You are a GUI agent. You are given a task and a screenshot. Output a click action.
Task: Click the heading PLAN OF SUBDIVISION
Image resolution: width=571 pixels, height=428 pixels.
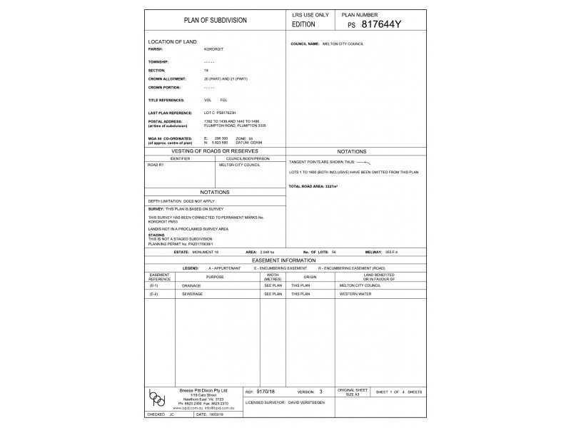coord(216,20)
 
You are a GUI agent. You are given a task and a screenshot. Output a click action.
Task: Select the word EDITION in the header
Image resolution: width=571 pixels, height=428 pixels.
coord(303,24)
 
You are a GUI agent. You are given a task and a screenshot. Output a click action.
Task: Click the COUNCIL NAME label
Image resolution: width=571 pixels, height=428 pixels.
coord(305,44)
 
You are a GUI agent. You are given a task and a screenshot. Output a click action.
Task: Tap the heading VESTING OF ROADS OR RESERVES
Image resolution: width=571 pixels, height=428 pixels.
coord(215,152)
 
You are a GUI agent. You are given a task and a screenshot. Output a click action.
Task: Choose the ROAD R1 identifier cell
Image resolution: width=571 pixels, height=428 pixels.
coord(156,165)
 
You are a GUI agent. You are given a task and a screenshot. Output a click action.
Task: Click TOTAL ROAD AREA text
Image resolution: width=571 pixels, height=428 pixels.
coord(313,186)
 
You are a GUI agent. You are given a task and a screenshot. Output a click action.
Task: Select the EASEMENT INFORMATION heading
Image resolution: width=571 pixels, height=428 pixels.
coord(284,262)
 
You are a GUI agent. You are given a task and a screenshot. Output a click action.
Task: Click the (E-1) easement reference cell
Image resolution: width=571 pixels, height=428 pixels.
coord(154,285)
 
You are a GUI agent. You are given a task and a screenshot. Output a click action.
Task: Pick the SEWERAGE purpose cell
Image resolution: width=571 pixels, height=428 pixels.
coord(193,293)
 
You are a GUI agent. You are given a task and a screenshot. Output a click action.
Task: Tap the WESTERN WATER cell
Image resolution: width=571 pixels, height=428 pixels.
coord(355,293)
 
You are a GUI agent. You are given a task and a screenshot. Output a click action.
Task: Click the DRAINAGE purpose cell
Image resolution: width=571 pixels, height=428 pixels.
coord(191,285)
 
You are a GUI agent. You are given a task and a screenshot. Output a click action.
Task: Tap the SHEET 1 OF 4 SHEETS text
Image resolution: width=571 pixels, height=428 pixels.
coord(399,392)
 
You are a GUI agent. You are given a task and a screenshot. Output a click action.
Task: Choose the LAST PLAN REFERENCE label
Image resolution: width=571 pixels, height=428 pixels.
coord(171,113)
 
